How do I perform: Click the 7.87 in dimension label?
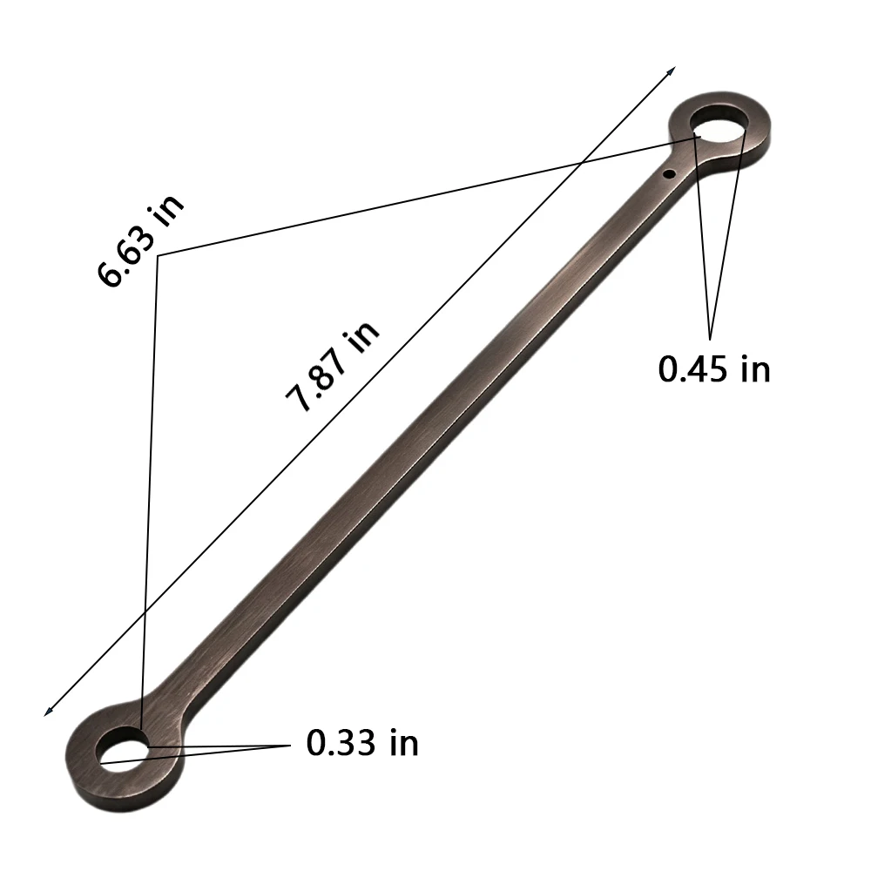pos(332,368)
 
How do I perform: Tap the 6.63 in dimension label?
pos(139,240)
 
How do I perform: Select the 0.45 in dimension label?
pos(714,368)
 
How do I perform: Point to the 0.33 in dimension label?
pos(362,742)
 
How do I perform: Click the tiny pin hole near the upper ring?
pos(669,174)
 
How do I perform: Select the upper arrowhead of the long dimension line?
pos(672,71)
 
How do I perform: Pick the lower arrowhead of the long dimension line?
pos(48,711)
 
